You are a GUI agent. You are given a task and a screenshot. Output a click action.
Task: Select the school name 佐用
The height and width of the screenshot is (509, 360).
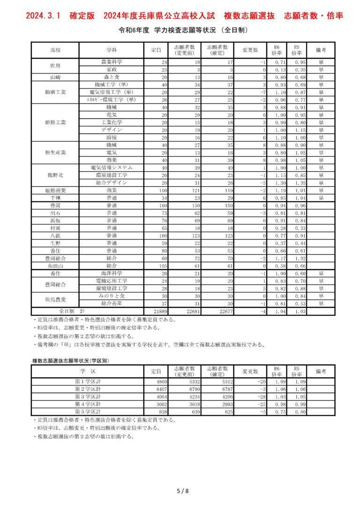pyautogui.click(x=55, y=66)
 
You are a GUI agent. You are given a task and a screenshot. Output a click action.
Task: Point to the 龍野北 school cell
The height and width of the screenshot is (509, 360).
pyautogui.click(x=55, y=175)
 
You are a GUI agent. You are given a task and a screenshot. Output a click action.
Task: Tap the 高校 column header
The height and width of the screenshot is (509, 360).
pyautogui.click(x=55, y=50)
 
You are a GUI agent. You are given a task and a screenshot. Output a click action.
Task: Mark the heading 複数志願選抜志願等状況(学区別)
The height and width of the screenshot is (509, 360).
pyautogui.click(x=67, y=361)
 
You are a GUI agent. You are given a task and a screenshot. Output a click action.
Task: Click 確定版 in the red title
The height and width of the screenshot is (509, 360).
pyautogui.click(x=81, y=16)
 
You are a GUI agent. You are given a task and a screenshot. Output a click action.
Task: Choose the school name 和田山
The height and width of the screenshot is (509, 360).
pyautogui.click(x=55, y=265)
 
